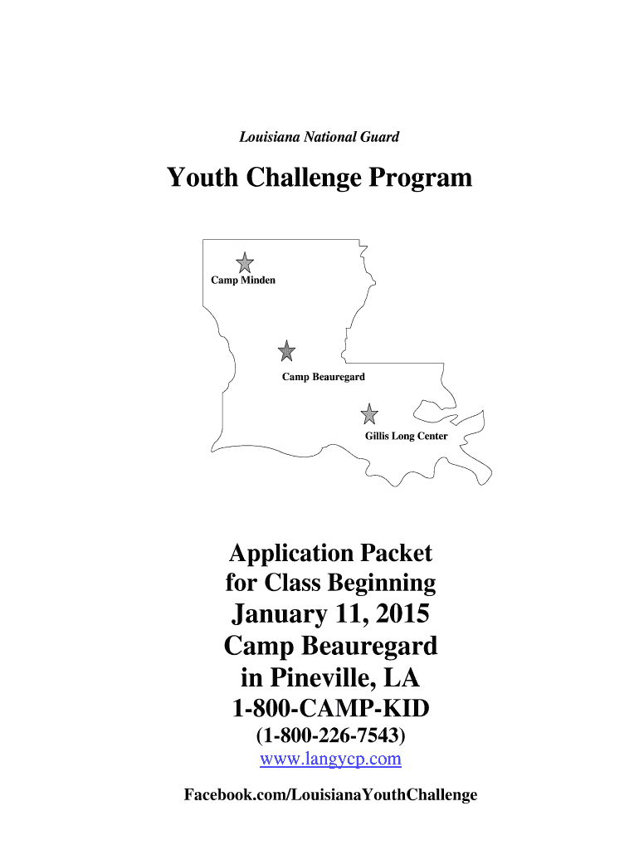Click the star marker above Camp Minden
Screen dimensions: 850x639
[244, 263]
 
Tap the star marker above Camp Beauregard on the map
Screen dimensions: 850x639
[286, 351]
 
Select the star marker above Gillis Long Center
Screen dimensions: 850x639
[369, 413]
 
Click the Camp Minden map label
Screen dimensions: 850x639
[243, 281]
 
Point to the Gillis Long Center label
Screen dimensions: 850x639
[407, 437]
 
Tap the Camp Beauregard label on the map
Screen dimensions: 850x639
[324, 378]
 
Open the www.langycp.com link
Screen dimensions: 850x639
[330, 759]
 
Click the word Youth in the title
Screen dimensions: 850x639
[203, 178]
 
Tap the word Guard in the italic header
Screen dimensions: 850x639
[380, 136]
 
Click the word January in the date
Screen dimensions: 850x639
[279, 615]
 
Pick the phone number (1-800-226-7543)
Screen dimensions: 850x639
[330, 735]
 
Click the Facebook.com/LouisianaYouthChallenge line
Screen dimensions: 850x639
[330, 795]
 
